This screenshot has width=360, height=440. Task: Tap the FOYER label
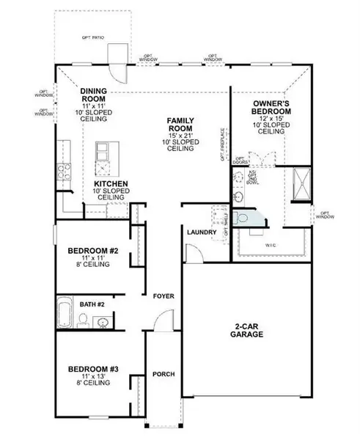point(163,296)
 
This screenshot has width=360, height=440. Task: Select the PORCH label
point(163,374)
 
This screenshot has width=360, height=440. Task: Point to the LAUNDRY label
point(201,232)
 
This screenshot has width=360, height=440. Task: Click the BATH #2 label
point(92,303)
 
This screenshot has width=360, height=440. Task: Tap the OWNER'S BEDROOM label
point(271,107)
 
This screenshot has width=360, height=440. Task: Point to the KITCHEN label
point(111,183)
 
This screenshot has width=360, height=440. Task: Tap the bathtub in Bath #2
point(65,312)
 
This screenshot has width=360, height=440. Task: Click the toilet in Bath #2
point(84,320)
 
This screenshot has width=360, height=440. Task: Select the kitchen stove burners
point(63,172)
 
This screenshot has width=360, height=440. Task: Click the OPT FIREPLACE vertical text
point(221,144)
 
